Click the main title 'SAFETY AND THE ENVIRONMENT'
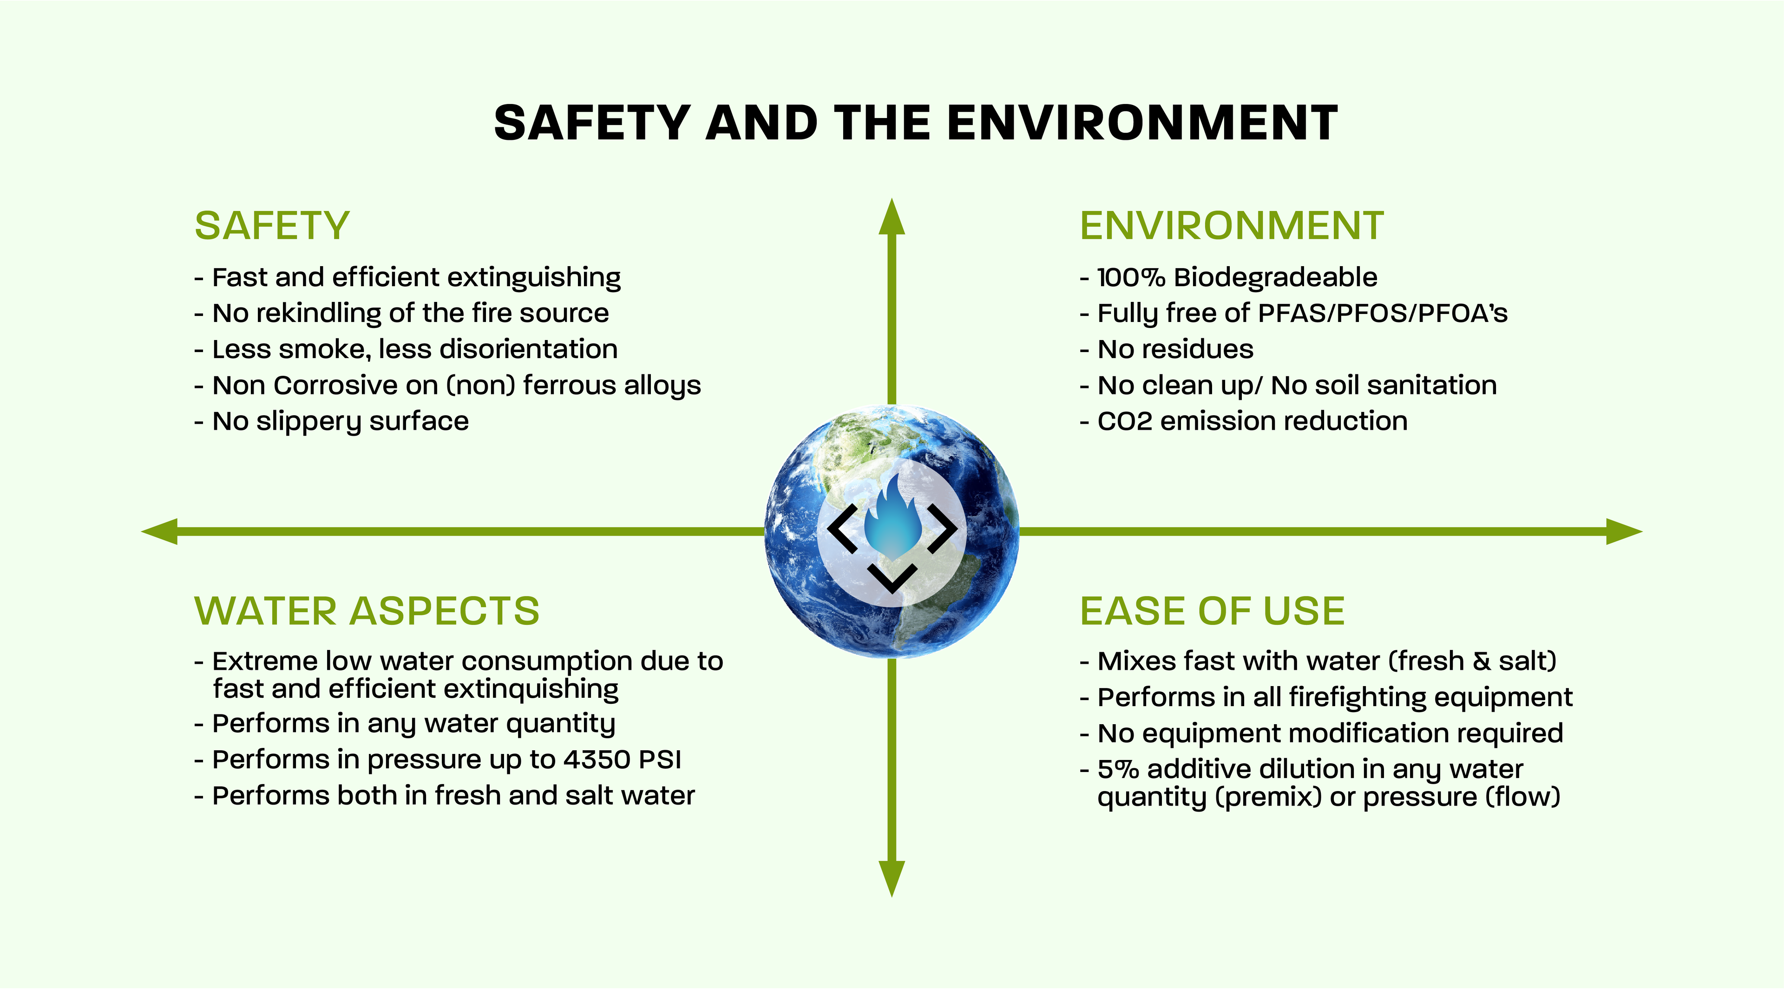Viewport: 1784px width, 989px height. pyautogui.click(x=916, y=123)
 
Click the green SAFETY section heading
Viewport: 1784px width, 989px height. pyautogui.click(x=272, y=226)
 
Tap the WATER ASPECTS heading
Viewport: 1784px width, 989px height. pyautogui.click(x=367, y=611)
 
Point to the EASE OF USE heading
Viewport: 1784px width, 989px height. pyautogui.click(x=1213, y=611)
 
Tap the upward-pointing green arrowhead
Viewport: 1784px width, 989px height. pyautogui.click(x=892, y=216)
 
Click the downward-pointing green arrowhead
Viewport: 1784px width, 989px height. pyautogui.click(x=892, y=879)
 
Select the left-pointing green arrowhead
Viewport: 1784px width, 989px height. pyautogui.click(x=159, y=531)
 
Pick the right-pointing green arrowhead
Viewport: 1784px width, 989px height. pyautogui.click(x=1624, y=531)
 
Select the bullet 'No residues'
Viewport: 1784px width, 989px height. pyautogui.click(x=1167, y=349)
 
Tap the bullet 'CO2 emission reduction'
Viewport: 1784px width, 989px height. pyautogui.click(x=1244, y=421)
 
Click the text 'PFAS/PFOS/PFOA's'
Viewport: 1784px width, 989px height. pyautogui.click(x=1382, y=313)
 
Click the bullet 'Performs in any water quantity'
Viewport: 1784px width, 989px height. pyautogui.click(x=405, y=724)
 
